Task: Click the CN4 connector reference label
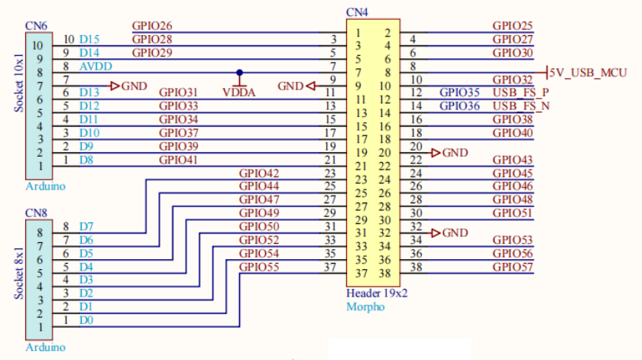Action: click(356, 12)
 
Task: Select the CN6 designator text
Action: click(35, 25)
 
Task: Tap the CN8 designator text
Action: click(35, 212)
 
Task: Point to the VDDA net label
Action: click(239, 92)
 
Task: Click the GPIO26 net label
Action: click(152, 26)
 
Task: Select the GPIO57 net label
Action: click(513, 267)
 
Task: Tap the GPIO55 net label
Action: click(259, 267)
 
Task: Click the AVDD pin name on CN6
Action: click(94, 66)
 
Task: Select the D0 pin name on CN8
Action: click(86, 320)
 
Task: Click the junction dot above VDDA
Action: click(239, 73)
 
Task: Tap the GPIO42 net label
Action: click(259, 174)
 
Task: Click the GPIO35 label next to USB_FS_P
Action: click(460, 92)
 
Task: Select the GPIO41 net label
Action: click(179, 160)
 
